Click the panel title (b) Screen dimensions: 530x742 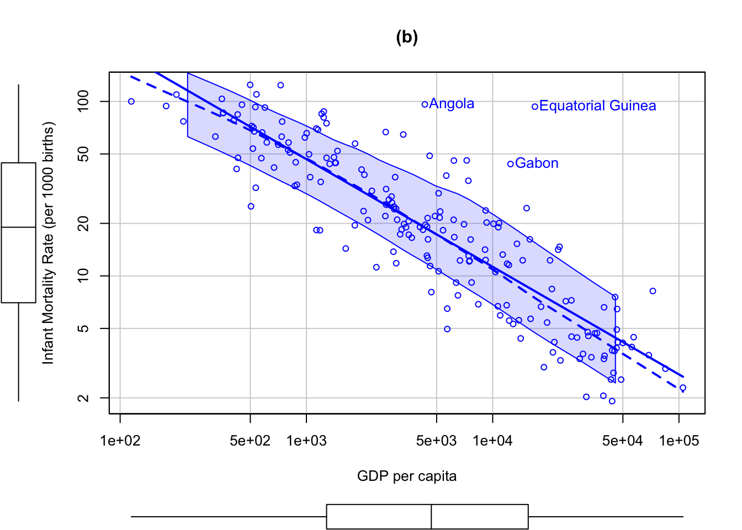pos(407,37)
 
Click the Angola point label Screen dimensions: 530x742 pos(452,104)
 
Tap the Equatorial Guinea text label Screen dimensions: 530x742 pos(597,106)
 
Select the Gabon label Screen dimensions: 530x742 pos(537,163)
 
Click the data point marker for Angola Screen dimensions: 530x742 pos(425,104)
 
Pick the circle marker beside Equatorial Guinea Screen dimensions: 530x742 pos(534,107)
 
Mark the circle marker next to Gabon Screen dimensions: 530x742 pos(510,164)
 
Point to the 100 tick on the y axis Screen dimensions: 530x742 pos(83,102)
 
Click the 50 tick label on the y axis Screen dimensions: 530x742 pos(83,154)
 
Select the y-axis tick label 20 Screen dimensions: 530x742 pos(83,223)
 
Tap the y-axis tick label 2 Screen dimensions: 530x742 pos(83,398)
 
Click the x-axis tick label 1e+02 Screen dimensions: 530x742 pos(120,441)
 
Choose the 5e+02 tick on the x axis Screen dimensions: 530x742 pos(250,441)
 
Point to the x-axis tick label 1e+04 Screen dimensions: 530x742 pos(492,441)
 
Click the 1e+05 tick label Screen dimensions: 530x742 pos(679,441)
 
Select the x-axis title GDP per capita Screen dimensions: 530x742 pos(407,476)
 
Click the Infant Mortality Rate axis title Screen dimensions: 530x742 pos(49,243)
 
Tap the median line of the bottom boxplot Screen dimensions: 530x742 pos(431,517)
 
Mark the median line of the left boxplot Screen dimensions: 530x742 pos(19,227)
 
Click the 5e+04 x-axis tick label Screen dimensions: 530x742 pos(623,441)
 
